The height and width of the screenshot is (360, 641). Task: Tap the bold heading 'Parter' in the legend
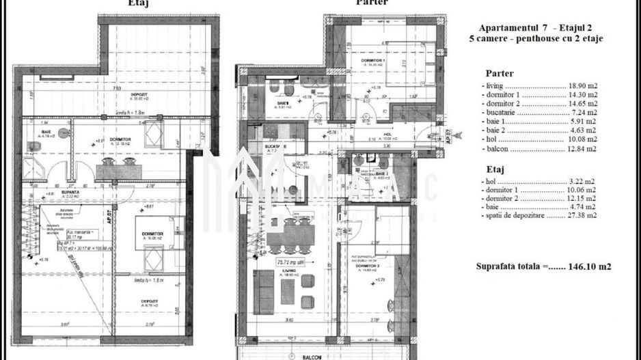(500, 73)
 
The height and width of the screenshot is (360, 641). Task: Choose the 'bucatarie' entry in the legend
(503, 117)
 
